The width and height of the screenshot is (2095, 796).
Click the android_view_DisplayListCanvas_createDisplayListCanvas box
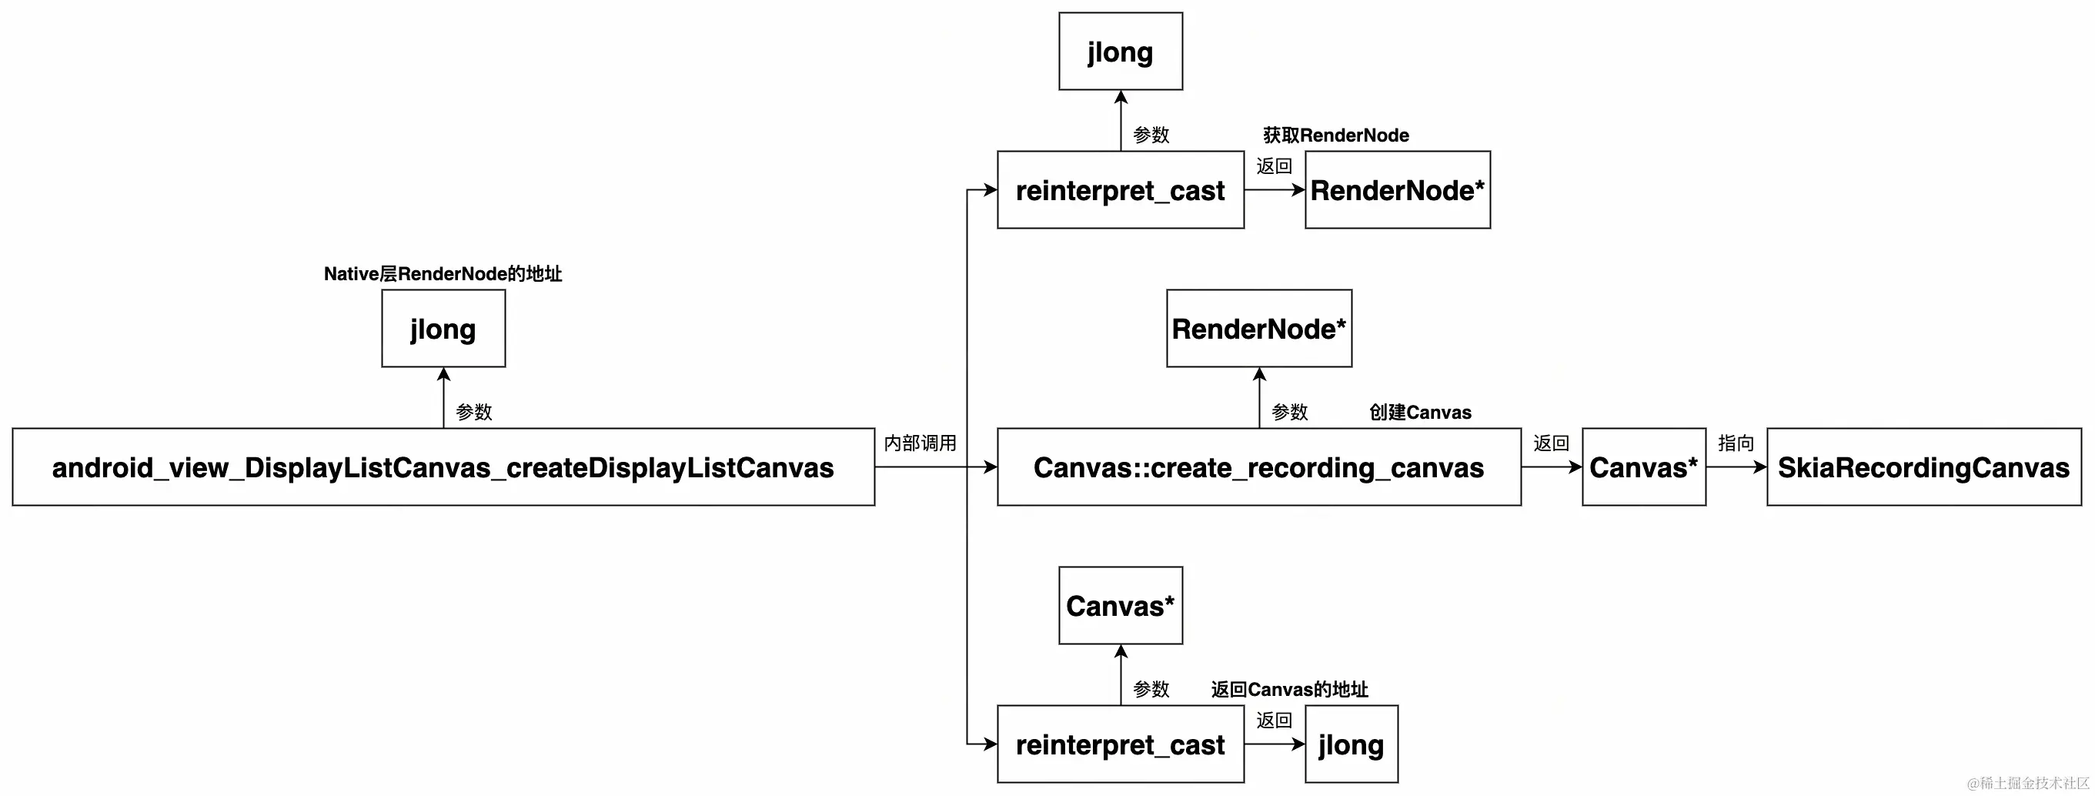click(443, 467)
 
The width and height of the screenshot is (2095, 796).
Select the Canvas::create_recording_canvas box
click(1259, 467)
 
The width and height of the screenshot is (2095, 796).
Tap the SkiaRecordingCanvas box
click(1923, 467)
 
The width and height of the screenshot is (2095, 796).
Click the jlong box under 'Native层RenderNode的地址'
click(443, 329)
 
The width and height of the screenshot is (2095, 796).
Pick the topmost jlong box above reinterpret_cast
click(1120, 52)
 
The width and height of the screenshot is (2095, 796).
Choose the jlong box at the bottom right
click(1351, 744)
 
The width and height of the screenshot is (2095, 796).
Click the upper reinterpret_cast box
click(1120, 189)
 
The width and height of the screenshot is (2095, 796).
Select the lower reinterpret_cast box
click(1120, 744)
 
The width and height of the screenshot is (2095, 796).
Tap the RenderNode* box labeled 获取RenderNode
click(1397, 189)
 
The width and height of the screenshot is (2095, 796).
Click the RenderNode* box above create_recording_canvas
click(1259, 329)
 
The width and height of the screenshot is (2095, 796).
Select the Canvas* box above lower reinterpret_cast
click(1120, 606)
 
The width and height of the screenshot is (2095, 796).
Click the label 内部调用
click(920, 443)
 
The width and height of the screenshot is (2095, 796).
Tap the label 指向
click(1736, 443)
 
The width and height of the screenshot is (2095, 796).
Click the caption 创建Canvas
click(1420, 412)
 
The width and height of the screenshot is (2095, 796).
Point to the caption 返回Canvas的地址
click(1289, 690)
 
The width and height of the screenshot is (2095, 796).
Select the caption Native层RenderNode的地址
click(443, 274)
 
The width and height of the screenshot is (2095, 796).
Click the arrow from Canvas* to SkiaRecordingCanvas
click(1736, 467)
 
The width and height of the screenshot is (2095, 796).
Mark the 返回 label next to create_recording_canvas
click(1551, 443)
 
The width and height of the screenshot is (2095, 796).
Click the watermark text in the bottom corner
click(2027, 783)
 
